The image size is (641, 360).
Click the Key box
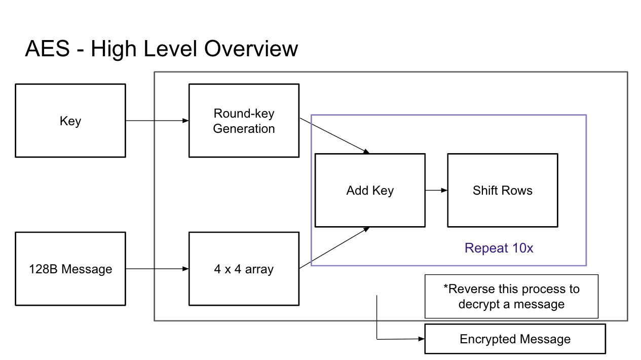70,121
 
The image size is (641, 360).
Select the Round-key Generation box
244,121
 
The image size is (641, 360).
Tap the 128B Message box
70,269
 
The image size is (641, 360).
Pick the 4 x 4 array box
244,269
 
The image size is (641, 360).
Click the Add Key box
370,191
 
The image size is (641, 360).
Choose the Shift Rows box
502,191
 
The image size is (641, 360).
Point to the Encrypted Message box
515,339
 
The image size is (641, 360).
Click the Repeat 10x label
499,248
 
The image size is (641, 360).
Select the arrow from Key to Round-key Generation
157,121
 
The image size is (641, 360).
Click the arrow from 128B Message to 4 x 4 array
157,269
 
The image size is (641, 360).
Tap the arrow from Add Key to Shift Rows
436,191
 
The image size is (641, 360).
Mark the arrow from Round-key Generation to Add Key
334,136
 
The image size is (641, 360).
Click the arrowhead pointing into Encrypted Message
421,339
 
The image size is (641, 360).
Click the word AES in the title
47,49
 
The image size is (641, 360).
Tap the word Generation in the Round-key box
244,129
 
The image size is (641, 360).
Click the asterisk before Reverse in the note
446,287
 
